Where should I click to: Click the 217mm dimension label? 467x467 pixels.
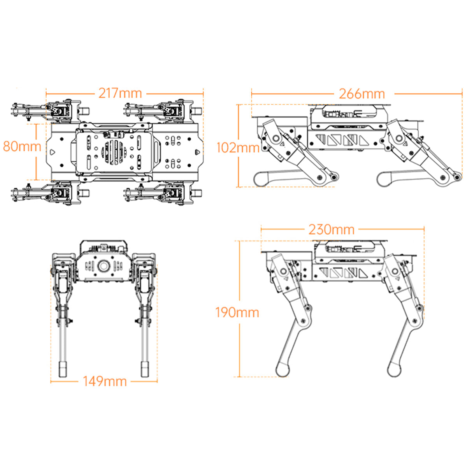point(120,93)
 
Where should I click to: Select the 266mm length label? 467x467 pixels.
point(362,94)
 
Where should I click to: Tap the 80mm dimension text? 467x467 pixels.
point(22,146)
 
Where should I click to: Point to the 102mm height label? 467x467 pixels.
point(238,148)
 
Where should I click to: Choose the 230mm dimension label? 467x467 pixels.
point(332,229)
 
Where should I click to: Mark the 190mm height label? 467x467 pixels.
point(237,312)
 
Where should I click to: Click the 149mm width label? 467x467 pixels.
point(105,381)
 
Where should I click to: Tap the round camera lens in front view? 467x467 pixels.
point(104,266)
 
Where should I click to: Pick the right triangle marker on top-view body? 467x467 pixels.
point(197,152)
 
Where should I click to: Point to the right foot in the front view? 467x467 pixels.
point(145,369)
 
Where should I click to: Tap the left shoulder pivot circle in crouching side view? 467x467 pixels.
point(277,139)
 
